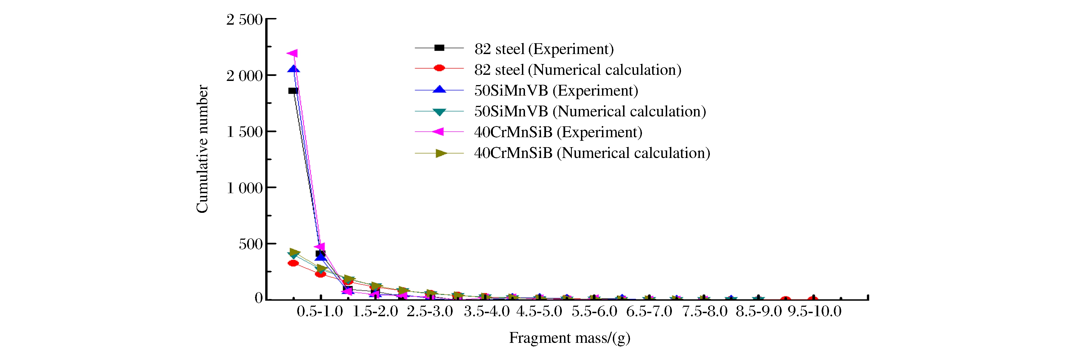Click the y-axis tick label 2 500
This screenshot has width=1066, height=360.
point(244,20)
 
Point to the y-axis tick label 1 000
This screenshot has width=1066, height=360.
point(244,188)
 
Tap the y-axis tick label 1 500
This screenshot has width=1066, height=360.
point(244,132)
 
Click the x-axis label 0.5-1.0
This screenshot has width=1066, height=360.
point(320,312)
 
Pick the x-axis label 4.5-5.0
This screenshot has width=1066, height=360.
point(539,312)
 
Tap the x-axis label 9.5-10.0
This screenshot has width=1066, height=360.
point(814,312)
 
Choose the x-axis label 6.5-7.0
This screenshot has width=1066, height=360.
point(649,312)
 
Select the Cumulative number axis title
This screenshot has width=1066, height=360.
point(202,149)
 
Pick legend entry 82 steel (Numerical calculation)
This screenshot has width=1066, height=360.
point(578,70)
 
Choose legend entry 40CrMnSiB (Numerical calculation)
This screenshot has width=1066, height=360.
point(592,153)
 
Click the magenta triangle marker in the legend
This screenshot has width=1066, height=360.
point(439,132)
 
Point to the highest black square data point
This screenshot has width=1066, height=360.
point(293,91)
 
